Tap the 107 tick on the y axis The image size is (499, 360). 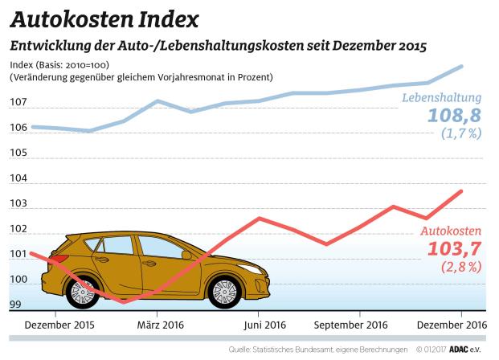point(18,104)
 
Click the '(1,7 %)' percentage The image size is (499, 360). point(460,134)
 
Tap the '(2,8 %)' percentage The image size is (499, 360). point(460,266)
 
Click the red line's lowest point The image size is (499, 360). point(123,302)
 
